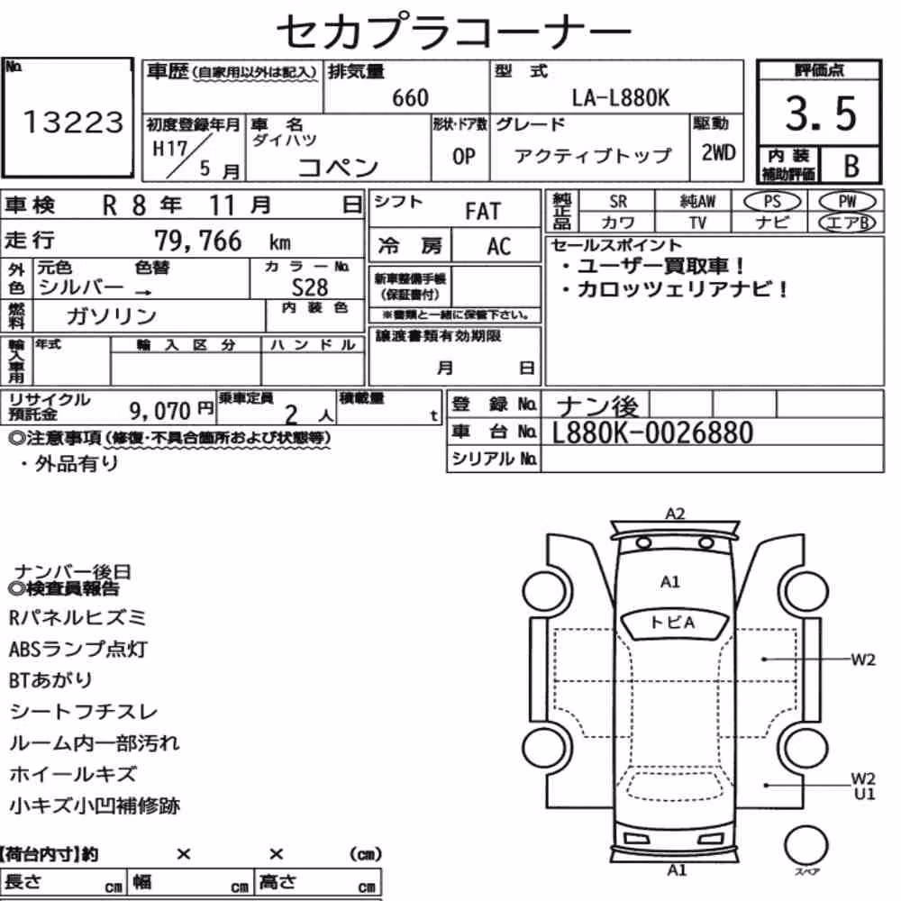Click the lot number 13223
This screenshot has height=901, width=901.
click(73, 122)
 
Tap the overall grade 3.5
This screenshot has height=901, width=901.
click(821, 114)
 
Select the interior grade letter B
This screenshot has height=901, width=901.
click(851, 166)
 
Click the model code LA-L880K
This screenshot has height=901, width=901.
click(621, 97)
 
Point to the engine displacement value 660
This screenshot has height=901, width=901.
click(410, 98)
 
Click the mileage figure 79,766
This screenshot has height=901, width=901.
click(198, 241)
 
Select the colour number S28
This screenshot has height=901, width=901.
click(310, 287)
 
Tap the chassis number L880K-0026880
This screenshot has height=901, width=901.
click(652, 432)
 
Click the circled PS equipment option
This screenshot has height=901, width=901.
click(772, 202)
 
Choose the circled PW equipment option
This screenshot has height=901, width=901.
click(847, 202)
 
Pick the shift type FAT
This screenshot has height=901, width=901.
click(483, 212)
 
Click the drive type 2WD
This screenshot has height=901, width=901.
click(718, 152)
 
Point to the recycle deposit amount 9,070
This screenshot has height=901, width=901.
click(159, 411)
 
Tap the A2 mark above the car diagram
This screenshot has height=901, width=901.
click(675, 514)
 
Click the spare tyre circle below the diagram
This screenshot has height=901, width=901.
click(805, 846)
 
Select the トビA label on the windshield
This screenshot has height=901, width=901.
click(672, 623)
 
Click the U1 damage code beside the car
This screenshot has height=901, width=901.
click(864, 794)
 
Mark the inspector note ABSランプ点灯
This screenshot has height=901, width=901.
click(78, 650)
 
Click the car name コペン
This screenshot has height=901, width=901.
click(338, 168)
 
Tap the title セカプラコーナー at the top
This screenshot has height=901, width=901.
click(454, 31)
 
